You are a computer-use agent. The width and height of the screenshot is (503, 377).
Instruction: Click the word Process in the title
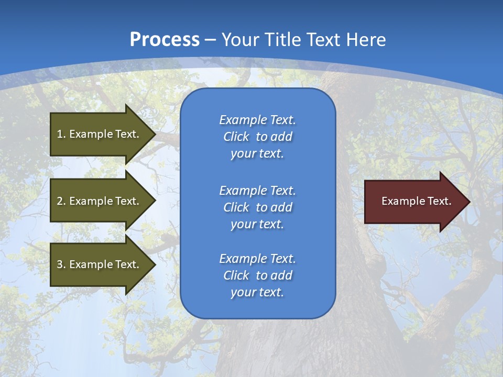165,39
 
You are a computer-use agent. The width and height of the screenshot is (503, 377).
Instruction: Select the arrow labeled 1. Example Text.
100,134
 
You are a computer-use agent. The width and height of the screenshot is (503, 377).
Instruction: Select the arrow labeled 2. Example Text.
100,201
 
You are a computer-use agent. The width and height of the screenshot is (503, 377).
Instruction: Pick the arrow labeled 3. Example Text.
100,264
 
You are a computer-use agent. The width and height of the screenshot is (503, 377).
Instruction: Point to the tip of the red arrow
469,202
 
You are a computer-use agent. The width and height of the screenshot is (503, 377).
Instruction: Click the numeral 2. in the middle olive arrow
61,201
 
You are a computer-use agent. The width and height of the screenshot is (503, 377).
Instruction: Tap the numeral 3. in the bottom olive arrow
61,264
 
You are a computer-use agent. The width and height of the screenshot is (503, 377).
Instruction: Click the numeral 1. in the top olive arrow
61,134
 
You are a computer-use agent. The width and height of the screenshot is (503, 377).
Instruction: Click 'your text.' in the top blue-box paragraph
257,154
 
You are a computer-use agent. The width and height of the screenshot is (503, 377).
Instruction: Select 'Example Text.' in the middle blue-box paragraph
257,191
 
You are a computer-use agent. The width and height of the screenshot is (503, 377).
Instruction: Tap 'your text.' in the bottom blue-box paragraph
257,293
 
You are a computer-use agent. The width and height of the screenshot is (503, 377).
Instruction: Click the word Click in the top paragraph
236,137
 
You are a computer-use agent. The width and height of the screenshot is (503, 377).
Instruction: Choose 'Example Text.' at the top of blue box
257,120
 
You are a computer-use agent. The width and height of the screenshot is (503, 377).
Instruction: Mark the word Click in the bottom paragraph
236,276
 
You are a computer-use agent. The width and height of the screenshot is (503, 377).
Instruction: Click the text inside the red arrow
416,201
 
